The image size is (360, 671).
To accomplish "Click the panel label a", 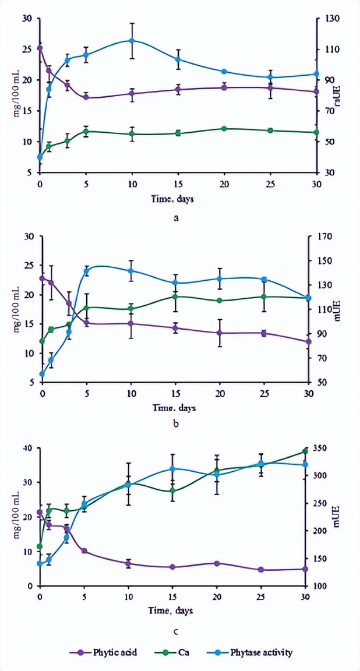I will click(x=175, y=218).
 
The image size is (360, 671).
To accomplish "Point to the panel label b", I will click(x=175, y=423).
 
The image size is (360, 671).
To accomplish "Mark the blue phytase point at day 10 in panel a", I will click(x=132, y=40).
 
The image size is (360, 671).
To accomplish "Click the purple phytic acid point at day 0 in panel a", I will click(x=40, y=48).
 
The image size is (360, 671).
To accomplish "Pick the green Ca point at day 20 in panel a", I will click(x=224, y=128).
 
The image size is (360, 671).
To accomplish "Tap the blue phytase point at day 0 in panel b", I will click(x=42, y=374).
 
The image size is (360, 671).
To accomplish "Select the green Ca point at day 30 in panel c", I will click(x=305, y=451).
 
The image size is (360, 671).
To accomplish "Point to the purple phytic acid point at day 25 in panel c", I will click(x=261, y=570).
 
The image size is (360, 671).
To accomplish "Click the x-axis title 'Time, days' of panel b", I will click(x=175, y=408).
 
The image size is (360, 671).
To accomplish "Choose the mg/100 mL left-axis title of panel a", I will click(x=16, y=96).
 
